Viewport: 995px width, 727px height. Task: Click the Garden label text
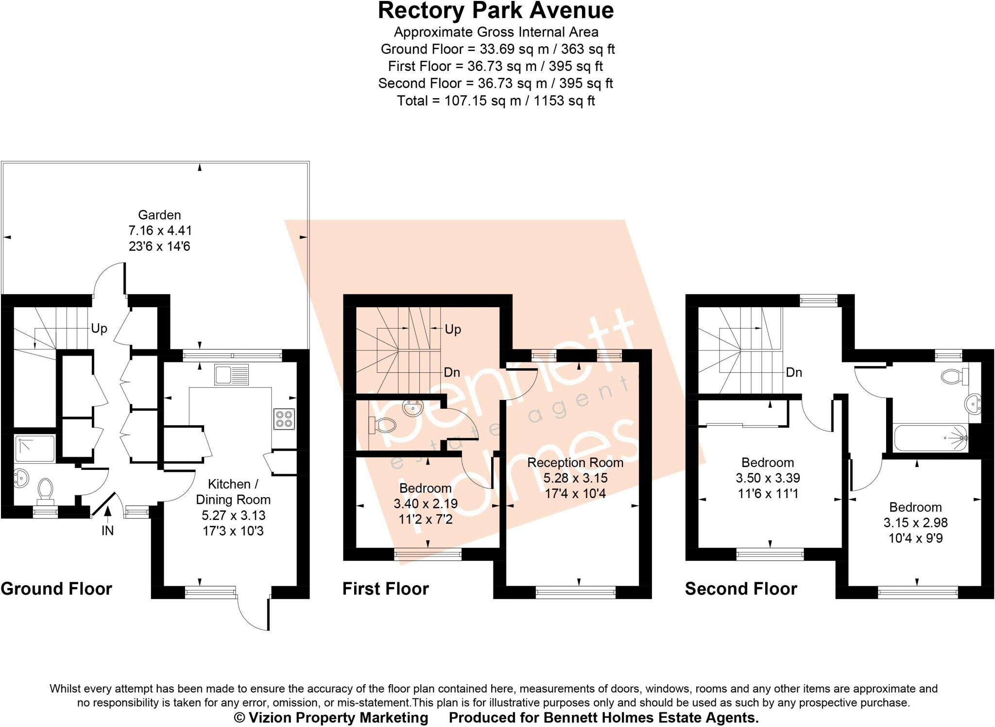pos(159,215)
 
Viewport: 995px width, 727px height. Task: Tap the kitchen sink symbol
pos(232,375)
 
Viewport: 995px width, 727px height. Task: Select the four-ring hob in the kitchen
pos(284,419)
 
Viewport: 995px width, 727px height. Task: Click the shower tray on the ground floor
pos(34,449)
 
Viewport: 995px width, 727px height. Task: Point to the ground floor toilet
pos(45,489)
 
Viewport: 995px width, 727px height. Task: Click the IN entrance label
pos(107,531)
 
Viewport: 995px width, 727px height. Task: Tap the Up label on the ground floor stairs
pos(99,329)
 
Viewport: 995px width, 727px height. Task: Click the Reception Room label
pos(575,463)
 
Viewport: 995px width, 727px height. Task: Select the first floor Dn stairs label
pos(452,373)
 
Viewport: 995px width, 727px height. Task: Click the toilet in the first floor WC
pos(383,425)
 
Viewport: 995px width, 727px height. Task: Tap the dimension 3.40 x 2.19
pos(425,504)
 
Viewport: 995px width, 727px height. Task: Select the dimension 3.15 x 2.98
pos(915,523)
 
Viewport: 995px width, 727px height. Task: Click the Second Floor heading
pos(741,589)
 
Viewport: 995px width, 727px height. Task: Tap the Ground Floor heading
pos(56,589)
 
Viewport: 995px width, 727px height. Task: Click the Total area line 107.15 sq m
pos(496,101)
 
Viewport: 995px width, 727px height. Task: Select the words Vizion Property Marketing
pos(338,718)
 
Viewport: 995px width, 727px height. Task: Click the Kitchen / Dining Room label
pos(233,492)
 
